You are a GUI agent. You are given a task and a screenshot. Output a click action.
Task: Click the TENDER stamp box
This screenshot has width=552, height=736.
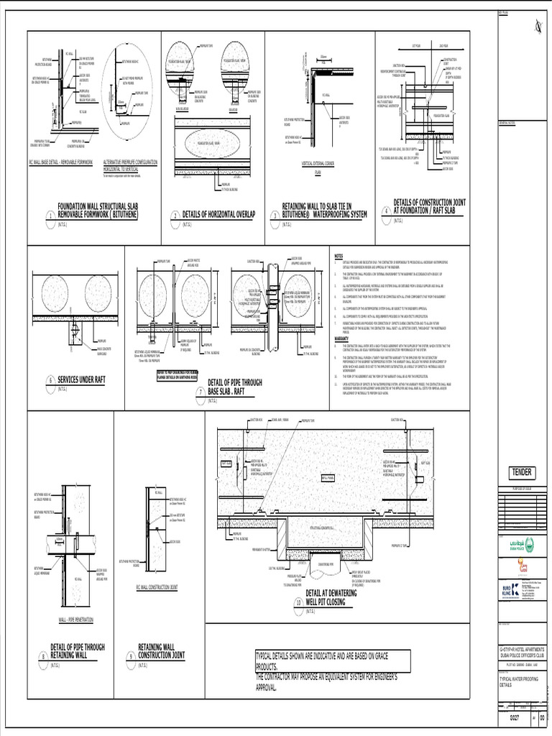point(521,471)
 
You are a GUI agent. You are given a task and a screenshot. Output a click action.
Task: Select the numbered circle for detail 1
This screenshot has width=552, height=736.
point(50,217)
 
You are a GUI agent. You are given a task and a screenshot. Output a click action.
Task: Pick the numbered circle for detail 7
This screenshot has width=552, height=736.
point(201,392)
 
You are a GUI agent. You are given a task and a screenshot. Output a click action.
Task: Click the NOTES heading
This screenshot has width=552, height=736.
point(340,256)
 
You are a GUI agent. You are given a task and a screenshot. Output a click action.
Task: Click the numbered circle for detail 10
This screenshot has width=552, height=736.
point(298,603)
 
